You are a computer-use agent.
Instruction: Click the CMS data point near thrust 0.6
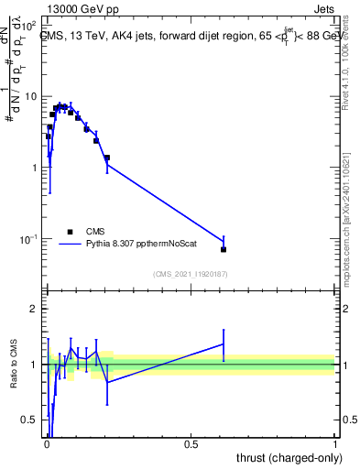pos(224,249)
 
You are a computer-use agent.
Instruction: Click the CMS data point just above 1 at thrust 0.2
pos(107,158)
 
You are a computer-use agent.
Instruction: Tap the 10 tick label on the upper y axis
pos(29,96)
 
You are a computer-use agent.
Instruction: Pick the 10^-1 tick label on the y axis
pos(27,239)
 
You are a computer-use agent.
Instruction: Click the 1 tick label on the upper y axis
pos(33,168)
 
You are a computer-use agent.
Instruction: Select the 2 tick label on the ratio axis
pos(33,309)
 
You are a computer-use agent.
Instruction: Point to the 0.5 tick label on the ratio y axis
pos(28,420)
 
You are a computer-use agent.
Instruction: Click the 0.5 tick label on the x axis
pos(191,444)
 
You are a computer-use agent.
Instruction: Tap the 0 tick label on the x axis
pos(46,444)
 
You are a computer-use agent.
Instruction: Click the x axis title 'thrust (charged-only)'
pos(288,458)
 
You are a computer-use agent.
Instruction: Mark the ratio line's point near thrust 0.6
pos(224,344)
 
